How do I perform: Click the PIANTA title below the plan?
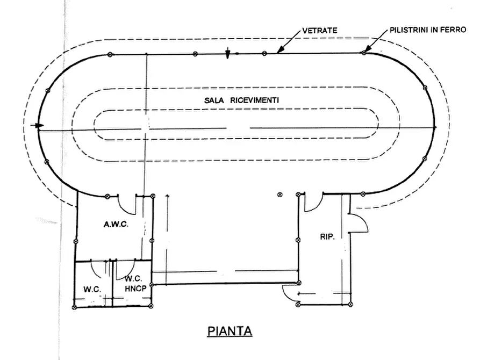pos(230,331)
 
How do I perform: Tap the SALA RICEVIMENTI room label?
pos(241,100)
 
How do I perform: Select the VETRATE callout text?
pos(320,30)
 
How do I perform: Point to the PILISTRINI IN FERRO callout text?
pos(428,30)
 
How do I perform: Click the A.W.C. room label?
pos(116,225)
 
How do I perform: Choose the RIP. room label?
pos(327,236)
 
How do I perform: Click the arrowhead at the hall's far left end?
pos(39,126)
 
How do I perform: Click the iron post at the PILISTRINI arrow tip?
pos(364,53)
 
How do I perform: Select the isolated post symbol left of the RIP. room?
pos(280,195)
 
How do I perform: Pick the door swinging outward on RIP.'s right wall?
pos(358,223)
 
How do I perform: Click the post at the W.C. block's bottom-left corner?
pos(74,307)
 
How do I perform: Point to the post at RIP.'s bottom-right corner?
pos(351,304)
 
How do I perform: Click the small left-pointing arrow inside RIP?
pos(303,294)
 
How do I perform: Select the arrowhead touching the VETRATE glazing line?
pos(280,50)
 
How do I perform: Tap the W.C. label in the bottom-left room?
pos(92,289)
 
